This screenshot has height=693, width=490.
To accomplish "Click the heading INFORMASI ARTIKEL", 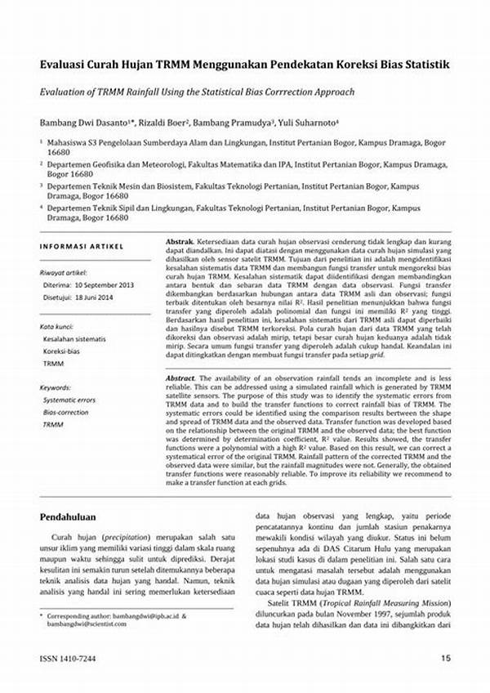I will [x=82, y=246].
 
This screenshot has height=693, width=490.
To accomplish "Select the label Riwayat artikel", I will [x=65, y=272].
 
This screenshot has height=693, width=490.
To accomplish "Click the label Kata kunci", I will [x=59, y=325].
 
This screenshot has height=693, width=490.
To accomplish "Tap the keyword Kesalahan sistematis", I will [x=74, y=338].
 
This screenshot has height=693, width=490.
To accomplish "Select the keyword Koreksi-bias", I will [x=62, y=351].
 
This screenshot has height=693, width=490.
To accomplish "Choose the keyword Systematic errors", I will [x=69, y=400].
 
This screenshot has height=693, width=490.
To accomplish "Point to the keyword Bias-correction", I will [x=65, y=413].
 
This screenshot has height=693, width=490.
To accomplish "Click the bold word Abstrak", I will [x=179, y=244].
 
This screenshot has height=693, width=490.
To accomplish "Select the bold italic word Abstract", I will [x=180, y=378].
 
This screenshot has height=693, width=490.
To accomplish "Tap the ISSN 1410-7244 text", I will [x=68, y=659].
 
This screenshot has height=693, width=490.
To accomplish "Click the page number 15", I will [x=445, y=659].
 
